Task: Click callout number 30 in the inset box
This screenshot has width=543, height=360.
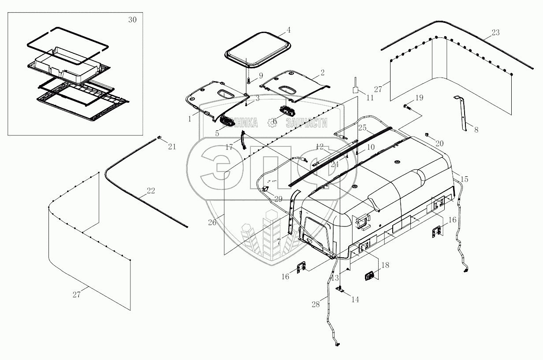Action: point(132,20)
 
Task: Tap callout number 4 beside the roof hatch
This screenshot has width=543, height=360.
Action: point(289,30)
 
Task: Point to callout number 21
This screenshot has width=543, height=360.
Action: point(172,147)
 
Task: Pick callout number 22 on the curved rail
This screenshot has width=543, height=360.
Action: point(151,191)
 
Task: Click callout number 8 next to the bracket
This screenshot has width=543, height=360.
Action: point(476,130)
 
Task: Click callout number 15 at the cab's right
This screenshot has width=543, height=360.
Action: point(465,179)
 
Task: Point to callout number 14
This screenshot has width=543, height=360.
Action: point(355,299)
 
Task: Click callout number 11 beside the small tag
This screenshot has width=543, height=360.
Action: point(370,98)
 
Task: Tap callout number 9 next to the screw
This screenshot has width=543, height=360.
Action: point(260,75)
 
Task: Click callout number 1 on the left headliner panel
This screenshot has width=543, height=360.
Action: point(190,119)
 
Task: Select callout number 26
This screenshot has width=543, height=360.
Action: point(212,223)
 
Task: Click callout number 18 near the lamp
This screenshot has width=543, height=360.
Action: point(385,265)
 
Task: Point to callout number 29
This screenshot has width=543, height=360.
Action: point(278,199)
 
